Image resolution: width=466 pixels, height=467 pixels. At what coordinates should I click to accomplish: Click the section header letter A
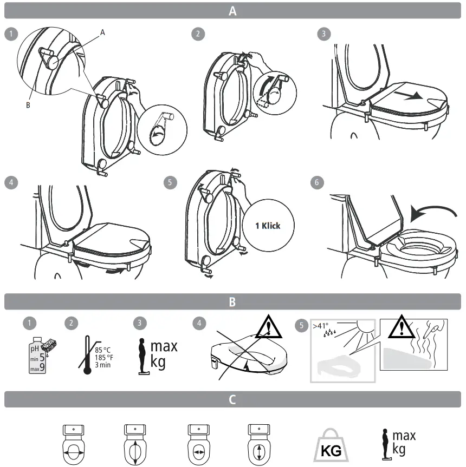[232, 11]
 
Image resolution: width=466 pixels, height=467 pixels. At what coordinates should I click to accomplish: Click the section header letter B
[232, 302]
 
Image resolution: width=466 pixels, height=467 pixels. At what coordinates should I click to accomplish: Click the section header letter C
[232, 399]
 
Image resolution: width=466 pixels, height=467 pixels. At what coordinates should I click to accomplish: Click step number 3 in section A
[324, 34]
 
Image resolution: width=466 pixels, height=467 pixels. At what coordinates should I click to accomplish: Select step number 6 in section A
[317, 182]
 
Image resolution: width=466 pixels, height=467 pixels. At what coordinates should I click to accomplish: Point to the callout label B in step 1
[28, 106]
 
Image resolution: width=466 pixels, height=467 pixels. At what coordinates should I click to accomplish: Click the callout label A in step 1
[102, 32]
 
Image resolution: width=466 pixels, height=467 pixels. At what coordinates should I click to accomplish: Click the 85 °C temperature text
[103, 349]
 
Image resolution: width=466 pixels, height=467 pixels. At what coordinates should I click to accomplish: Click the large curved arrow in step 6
[428, 213]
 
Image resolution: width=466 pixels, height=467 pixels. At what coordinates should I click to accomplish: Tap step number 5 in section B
[302, 326]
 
